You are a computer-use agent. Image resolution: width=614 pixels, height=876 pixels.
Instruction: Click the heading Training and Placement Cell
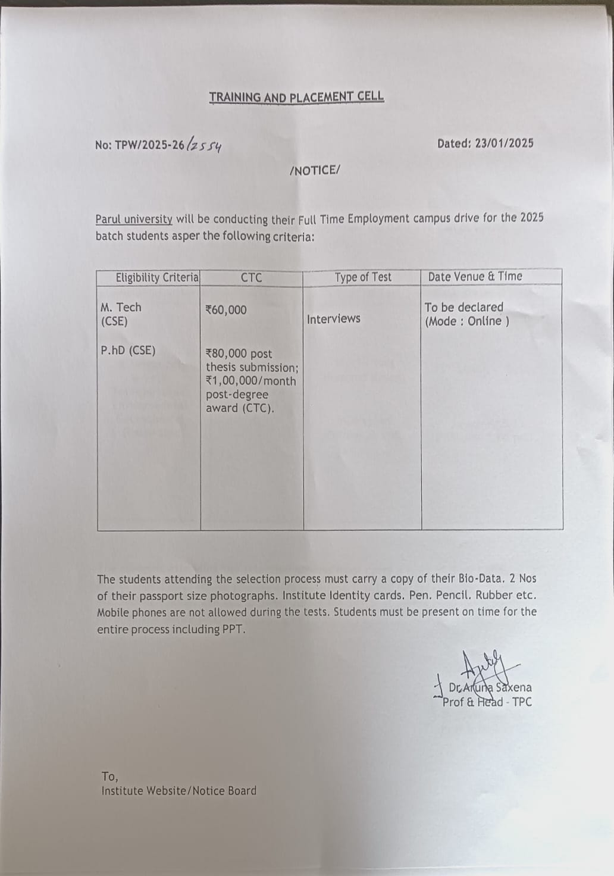tap(296, 97)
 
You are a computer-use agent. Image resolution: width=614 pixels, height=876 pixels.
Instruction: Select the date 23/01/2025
tap(504, 143)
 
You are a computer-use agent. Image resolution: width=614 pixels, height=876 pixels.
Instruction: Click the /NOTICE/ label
tap(314, 171)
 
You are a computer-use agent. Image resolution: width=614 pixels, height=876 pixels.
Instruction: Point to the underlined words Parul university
tap(134, 219)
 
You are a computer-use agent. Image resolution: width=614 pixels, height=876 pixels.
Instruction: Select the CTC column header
tap(251, 277)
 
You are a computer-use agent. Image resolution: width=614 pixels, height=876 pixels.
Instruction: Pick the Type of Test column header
tap(363, 277)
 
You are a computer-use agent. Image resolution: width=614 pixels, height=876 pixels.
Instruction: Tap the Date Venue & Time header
tap(475, 277)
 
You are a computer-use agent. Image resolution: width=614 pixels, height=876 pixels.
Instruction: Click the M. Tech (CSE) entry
tap(121, 314)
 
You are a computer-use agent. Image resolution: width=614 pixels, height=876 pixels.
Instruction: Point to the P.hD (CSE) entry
tap(128, 351)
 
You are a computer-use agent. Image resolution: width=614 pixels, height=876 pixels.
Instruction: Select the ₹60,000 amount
tap(225, 310)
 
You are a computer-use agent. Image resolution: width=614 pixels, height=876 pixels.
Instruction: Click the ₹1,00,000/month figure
tap(250, 381)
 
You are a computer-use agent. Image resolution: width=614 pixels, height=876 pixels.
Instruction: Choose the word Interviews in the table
tap(333, 319)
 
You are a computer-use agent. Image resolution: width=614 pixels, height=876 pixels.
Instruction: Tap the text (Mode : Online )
tap(467, 321)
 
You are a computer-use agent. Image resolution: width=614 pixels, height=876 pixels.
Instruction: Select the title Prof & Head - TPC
tap(487, 702)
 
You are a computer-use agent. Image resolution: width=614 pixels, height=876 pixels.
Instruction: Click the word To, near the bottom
tap(109, 777)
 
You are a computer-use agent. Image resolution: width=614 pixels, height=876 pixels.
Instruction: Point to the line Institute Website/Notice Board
tap(178, 791)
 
